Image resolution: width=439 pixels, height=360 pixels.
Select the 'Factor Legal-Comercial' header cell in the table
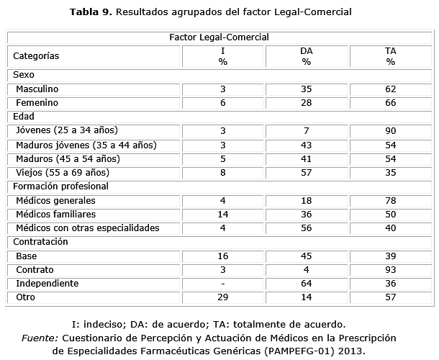coord(219,37)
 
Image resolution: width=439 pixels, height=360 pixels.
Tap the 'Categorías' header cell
coord(36,55)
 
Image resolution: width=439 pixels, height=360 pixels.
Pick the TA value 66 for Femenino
coord(390,103)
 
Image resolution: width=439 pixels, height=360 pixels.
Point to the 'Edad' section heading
coord(24,117)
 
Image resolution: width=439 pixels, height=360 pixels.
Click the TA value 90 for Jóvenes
coord(390,130)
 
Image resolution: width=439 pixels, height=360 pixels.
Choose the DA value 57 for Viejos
coord(306,172)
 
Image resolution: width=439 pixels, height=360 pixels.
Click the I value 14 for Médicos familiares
coord(223,214)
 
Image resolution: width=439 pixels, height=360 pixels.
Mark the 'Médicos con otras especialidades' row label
coord(87,228)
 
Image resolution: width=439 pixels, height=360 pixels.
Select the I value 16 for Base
coord(223,256)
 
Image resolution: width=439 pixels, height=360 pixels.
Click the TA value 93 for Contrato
coord(390,270)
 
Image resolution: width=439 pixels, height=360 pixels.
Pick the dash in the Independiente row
coord(223,284)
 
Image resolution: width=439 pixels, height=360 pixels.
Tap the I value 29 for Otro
coord(223,297)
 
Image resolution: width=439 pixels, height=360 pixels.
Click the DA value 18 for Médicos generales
coord(306,200)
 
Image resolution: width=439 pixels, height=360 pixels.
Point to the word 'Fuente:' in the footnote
coord(40,338)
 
